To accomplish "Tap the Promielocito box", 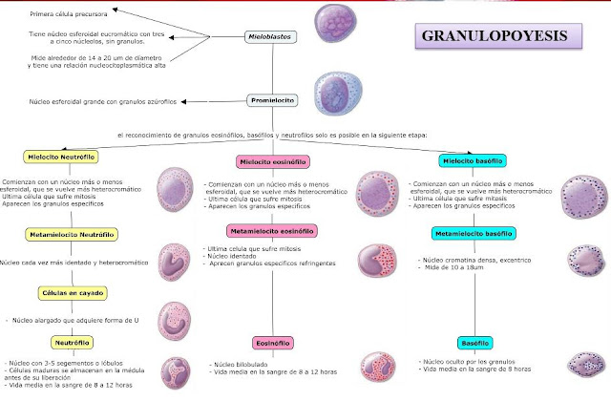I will click(274, 99).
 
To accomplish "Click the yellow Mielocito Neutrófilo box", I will click(64, 156).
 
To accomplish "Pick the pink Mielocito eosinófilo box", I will click(274, 162).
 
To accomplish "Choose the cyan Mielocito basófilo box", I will click(473, 160).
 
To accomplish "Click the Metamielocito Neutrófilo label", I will click(72, 233).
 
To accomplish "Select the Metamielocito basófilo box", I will click(474, 233).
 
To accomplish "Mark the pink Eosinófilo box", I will click(273, 341).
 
